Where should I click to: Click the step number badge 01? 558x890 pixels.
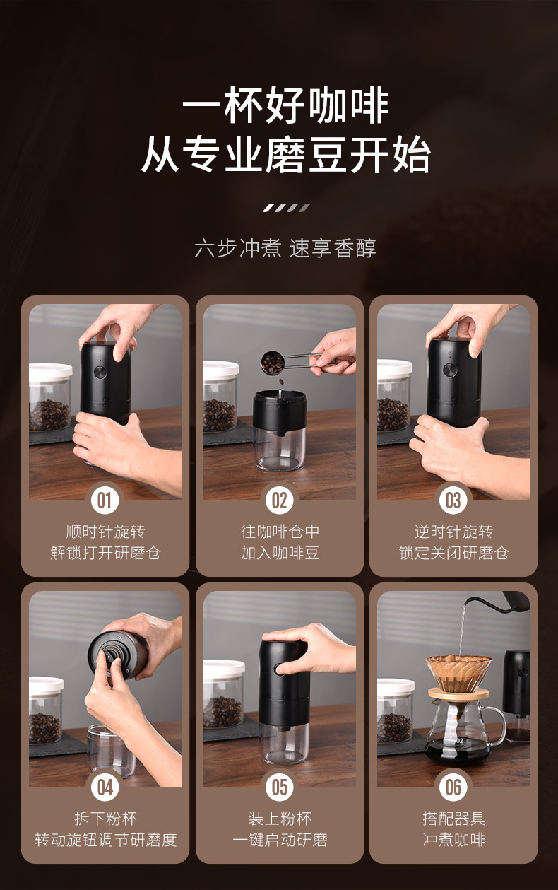105,500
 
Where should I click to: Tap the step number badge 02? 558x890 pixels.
280,500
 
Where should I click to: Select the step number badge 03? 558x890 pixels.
453,500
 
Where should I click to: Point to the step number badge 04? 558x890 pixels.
105,787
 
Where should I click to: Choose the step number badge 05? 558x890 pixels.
280,787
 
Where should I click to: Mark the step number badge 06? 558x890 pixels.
453,787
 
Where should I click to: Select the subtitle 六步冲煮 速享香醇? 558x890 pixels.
285,248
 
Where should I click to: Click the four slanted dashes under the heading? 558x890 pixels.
286,207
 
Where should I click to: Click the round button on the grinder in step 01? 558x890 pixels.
100,372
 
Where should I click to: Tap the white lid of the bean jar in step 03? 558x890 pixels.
395,368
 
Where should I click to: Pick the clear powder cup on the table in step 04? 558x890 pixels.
112,751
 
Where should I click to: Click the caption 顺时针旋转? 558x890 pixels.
105,532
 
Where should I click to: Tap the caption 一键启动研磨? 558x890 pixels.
280,840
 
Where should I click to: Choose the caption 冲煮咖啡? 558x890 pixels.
453,840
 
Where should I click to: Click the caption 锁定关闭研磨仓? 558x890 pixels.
453,553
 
